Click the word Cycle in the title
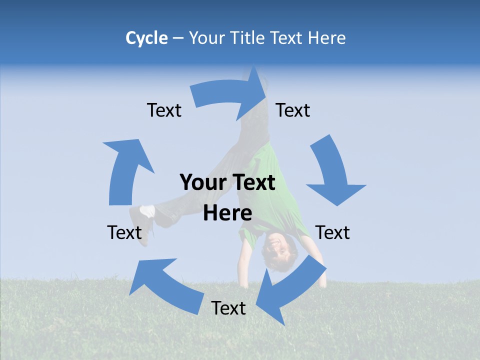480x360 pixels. click(x=146, y=38)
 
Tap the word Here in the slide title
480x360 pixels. click(x=327, y=38)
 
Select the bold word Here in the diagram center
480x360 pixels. click(x=227, y=213)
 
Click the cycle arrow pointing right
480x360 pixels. click(x=230, y=92)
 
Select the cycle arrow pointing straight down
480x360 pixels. click(x=332, y=172)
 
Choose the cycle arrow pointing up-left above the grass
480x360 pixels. click(x=165, y=285)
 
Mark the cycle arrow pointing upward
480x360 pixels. click(x=125, y=170)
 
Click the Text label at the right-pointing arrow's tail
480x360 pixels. click(x=164, y=110)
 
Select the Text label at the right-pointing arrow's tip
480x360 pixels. click(x=293, y=110)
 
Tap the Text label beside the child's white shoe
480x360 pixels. click(x=124, y=232)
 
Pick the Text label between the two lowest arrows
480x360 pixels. click(x=228, y=308)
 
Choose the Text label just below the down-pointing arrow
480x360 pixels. click(x=332, y=232)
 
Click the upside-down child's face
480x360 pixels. click(x=275, y=245)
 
